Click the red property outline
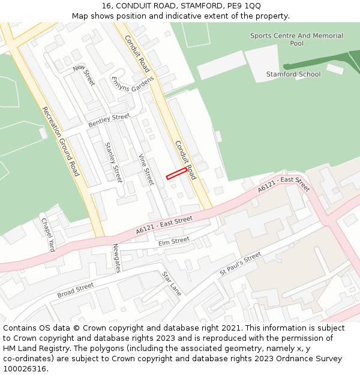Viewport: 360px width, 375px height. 176,173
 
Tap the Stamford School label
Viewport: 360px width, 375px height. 293,74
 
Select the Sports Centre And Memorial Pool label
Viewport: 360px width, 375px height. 296,40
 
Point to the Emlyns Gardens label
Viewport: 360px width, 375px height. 133,84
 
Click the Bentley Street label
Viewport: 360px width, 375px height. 109,120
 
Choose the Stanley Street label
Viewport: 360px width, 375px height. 113,162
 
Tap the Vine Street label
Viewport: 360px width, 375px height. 146,170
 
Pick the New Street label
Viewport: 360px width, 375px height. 84,75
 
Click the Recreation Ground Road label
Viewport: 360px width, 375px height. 61,141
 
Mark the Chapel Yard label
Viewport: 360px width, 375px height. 48,234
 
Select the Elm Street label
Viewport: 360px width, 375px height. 175,241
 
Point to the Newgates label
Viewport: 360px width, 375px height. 117,258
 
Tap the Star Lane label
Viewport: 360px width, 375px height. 171,283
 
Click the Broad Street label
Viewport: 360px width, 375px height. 76,290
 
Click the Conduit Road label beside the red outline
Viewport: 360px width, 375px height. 185,160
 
